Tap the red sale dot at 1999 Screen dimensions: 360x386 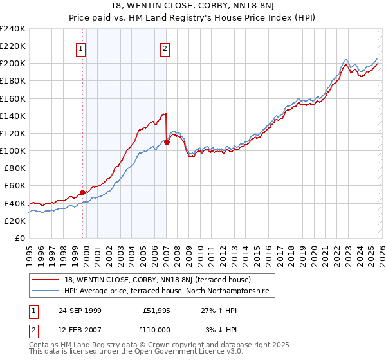click(x=83, y=192)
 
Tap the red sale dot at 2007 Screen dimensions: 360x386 click(x=167, y=142)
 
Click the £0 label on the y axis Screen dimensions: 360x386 click(x=20, y=238)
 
